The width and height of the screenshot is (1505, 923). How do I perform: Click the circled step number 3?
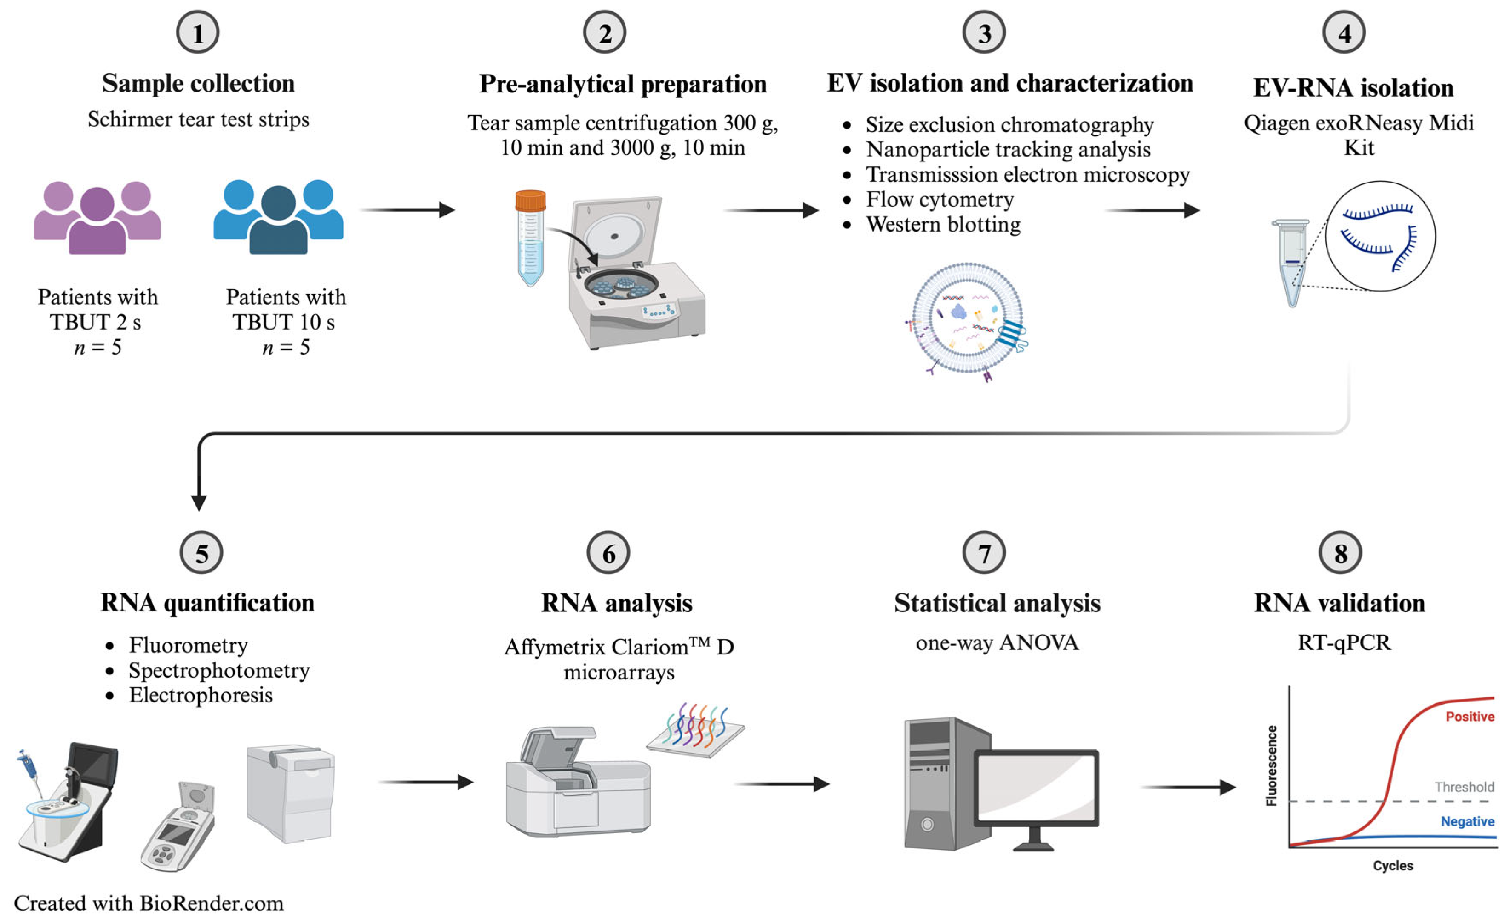point(983,32)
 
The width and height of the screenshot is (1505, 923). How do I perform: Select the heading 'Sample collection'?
point(198,83)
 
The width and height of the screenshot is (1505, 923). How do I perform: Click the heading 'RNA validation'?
point(1339,603)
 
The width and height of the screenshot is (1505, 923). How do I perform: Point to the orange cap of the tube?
point(530,201)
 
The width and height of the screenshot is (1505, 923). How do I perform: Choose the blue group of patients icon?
point(278,217)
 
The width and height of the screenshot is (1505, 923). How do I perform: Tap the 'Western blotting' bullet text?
point(943,225)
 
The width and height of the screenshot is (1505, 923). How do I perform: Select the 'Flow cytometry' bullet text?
point(940,200)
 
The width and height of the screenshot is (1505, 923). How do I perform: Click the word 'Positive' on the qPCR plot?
point(1469,717)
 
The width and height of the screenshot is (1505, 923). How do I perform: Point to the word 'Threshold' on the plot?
point(1464,787)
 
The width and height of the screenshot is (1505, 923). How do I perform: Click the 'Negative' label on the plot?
point(1467,822)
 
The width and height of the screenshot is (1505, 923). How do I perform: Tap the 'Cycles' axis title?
point(1393,866)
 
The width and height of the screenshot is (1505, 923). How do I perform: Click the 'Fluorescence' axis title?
point(1272,765)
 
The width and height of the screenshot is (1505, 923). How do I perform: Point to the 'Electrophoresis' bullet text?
point(201,695)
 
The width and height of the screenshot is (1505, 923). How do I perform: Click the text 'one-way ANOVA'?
point(997,642)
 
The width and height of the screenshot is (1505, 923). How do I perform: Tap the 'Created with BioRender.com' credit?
point(149,903)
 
